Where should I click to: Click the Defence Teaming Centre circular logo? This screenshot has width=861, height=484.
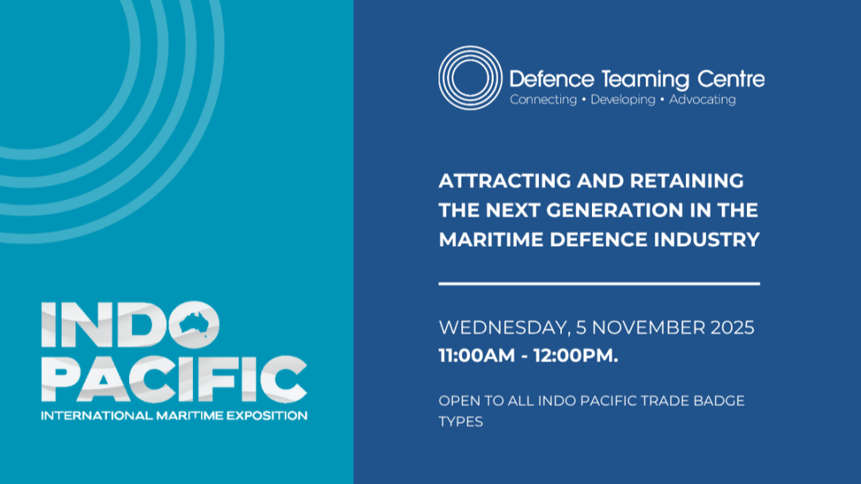click(x=470, y=78)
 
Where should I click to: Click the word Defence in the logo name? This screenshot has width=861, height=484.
click(x=552, y=79)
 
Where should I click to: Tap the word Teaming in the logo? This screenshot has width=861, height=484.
click(x=645, y=80)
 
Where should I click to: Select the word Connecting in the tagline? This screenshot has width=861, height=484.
click(x=543, y=100)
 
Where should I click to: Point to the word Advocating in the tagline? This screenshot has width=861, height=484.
click(x=702, y=100)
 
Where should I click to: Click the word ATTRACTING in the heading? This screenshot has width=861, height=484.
click(x=505, y=180)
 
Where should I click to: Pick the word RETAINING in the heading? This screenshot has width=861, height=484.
click(x=687, y=180)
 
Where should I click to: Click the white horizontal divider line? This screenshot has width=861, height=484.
click(x=599, y=284)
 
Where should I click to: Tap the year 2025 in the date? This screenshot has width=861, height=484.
click(x=733, y=327)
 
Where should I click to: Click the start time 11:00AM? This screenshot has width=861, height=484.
click(x=476, y=356)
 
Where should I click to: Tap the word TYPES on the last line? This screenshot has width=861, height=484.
click(x=461, y=422)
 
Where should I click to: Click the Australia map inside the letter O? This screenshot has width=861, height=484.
click(x=195, y=323)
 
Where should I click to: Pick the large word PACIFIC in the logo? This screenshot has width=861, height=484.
click(x=174, y=379)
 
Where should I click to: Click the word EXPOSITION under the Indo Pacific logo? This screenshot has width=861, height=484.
click(x=267, y=415)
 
